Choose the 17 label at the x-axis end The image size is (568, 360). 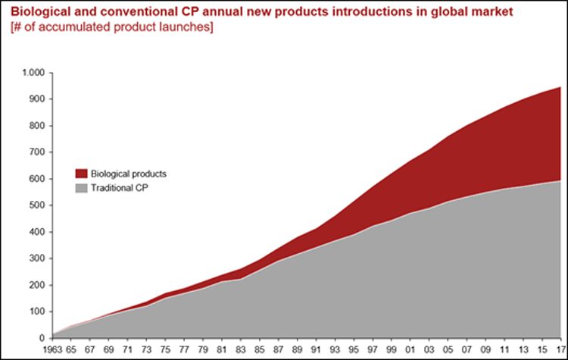coord(560,350)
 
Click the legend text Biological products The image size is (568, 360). coord(128,174)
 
